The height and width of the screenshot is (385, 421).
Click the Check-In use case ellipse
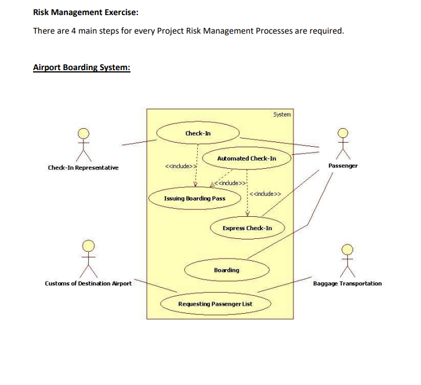click(x=198, y=133)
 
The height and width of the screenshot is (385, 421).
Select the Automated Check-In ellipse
click(x=246, y=158)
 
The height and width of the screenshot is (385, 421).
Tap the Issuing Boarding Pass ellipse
click(x=195, y=198)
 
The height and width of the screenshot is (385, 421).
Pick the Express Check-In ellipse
click(x=247, y=228)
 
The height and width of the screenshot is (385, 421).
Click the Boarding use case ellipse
click(x=226, y=270)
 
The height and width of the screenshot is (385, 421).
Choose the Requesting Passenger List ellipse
click(x=215, y=304)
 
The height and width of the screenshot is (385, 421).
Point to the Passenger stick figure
click(x=343, y=143)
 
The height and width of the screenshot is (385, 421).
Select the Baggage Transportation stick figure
click(x=347, y=259)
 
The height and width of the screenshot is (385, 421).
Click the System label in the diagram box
click(x=282, y=115)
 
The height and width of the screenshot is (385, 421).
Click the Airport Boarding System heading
click(x=81, y=67)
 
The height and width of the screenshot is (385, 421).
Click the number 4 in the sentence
click(x=74, y=30)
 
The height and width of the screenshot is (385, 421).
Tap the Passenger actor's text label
click(x=343, y=166)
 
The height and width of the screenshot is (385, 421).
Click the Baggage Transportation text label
click(x=347, y=284)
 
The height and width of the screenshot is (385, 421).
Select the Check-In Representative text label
click(x=83, y=168)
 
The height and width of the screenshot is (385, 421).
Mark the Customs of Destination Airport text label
click(x=88, y=283)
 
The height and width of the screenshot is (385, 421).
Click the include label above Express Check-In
click(x=266, y=194)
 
